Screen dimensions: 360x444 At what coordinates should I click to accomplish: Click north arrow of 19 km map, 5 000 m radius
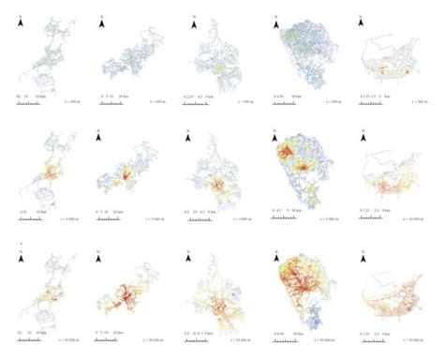coord(275,134)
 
